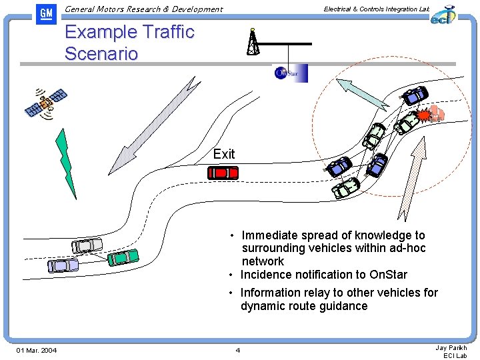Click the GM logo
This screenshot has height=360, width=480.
(x=46, y=13)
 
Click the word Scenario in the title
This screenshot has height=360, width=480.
(x=101, y=53)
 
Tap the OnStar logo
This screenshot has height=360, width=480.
(x=291, y=73)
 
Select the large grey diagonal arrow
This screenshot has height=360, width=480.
(x=158, y=124)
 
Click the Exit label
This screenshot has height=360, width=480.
(x=224, y=154)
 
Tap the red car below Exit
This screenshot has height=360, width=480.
(x=223, y=173)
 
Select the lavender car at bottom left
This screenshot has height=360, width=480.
(x=63, y=265)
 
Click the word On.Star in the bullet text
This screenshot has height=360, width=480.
(x=389, y=275)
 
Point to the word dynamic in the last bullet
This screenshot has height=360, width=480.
(x=263, y=306)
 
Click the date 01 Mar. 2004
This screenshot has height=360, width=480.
(x=37, y=351)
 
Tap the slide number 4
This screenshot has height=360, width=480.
(x=237, y=351)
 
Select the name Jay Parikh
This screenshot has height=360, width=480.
(x=451, y=347)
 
